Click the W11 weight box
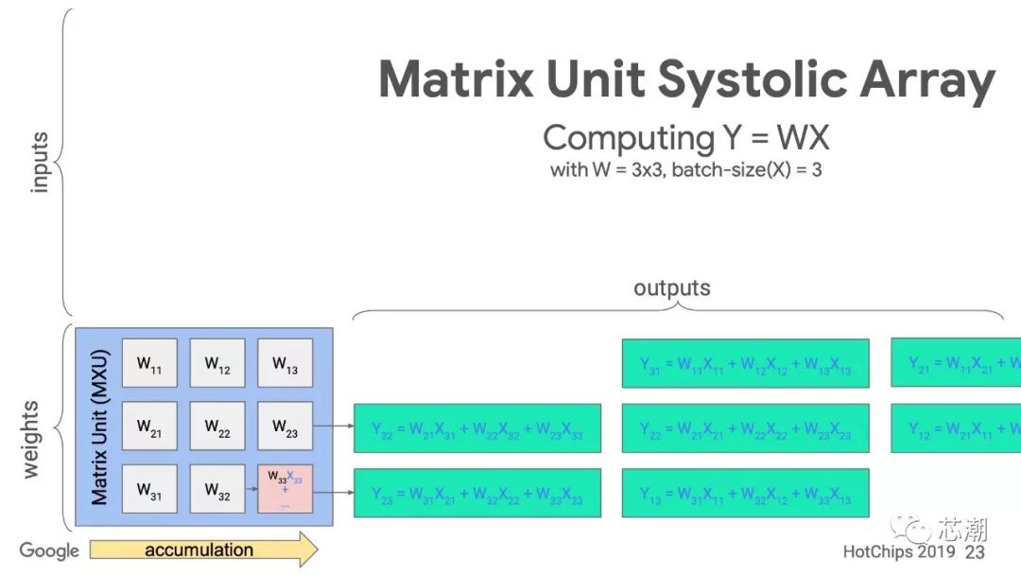(149, 363)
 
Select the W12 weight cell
(217, 363)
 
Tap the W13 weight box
(286, 363)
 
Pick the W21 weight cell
(149, 427)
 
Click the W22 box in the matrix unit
(217, 427)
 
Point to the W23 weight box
(286, 427)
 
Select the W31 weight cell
(149, 490)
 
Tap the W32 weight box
(217, 490)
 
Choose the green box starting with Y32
(477, 428)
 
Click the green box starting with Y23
(477, 493)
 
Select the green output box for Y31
(745, 363)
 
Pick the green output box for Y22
(745, 428)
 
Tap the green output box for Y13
(745, 493)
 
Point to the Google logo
(49, 550)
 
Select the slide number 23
(975, 551)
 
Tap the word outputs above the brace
(671, 287)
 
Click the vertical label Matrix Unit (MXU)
(100, 427)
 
